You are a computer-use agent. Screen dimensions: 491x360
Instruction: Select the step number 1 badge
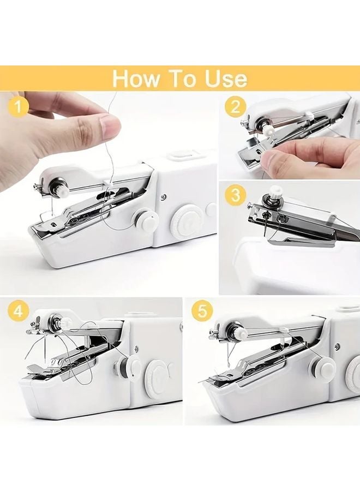[x=20, y=107]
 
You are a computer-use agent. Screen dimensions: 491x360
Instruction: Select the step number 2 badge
[x=235, y=107]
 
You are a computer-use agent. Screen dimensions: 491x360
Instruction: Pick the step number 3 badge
[x=235, y=195]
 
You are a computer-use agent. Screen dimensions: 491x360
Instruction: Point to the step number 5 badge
[x=202, y=312]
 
